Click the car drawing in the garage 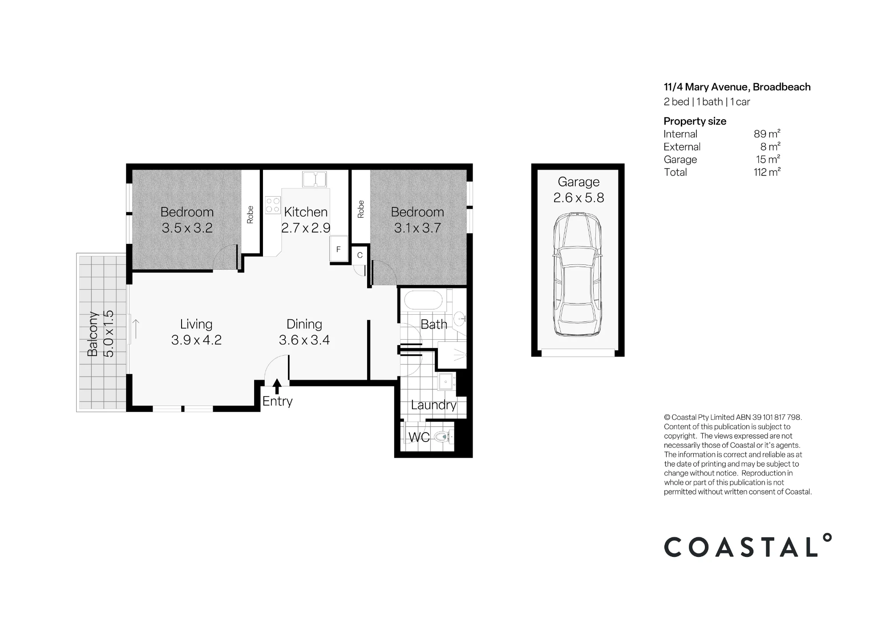[577, 275]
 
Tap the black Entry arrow [277, 386]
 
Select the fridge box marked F [338, 249]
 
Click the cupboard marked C [360, 256]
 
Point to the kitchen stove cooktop [273, 205]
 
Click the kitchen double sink [315, 179]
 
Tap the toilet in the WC [443, 437]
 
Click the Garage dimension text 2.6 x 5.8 [578, 198]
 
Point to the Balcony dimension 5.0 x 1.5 [109, 334]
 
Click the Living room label [196, 325]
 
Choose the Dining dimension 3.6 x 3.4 [304, 340]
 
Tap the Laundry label [433, 406]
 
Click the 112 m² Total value [767, 172]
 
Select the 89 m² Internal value [767, 134]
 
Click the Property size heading [695, 122]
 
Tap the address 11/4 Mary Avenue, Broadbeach [737, 87]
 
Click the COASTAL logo [748, 546]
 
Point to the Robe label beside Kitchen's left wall [250, 215]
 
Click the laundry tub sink [446, 381]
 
